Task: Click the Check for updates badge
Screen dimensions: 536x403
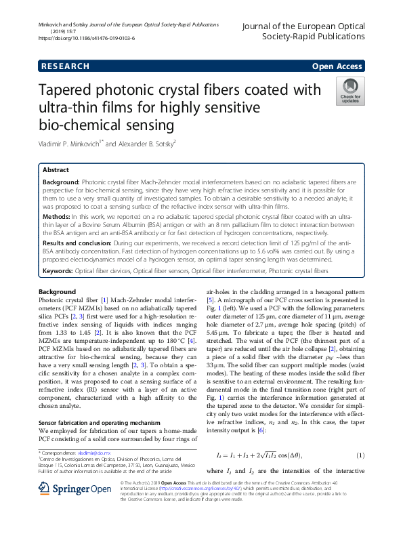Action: click(349, 91)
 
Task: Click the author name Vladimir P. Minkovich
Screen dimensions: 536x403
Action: click(71, 143)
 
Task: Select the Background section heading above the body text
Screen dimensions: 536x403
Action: click(57, 291)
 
